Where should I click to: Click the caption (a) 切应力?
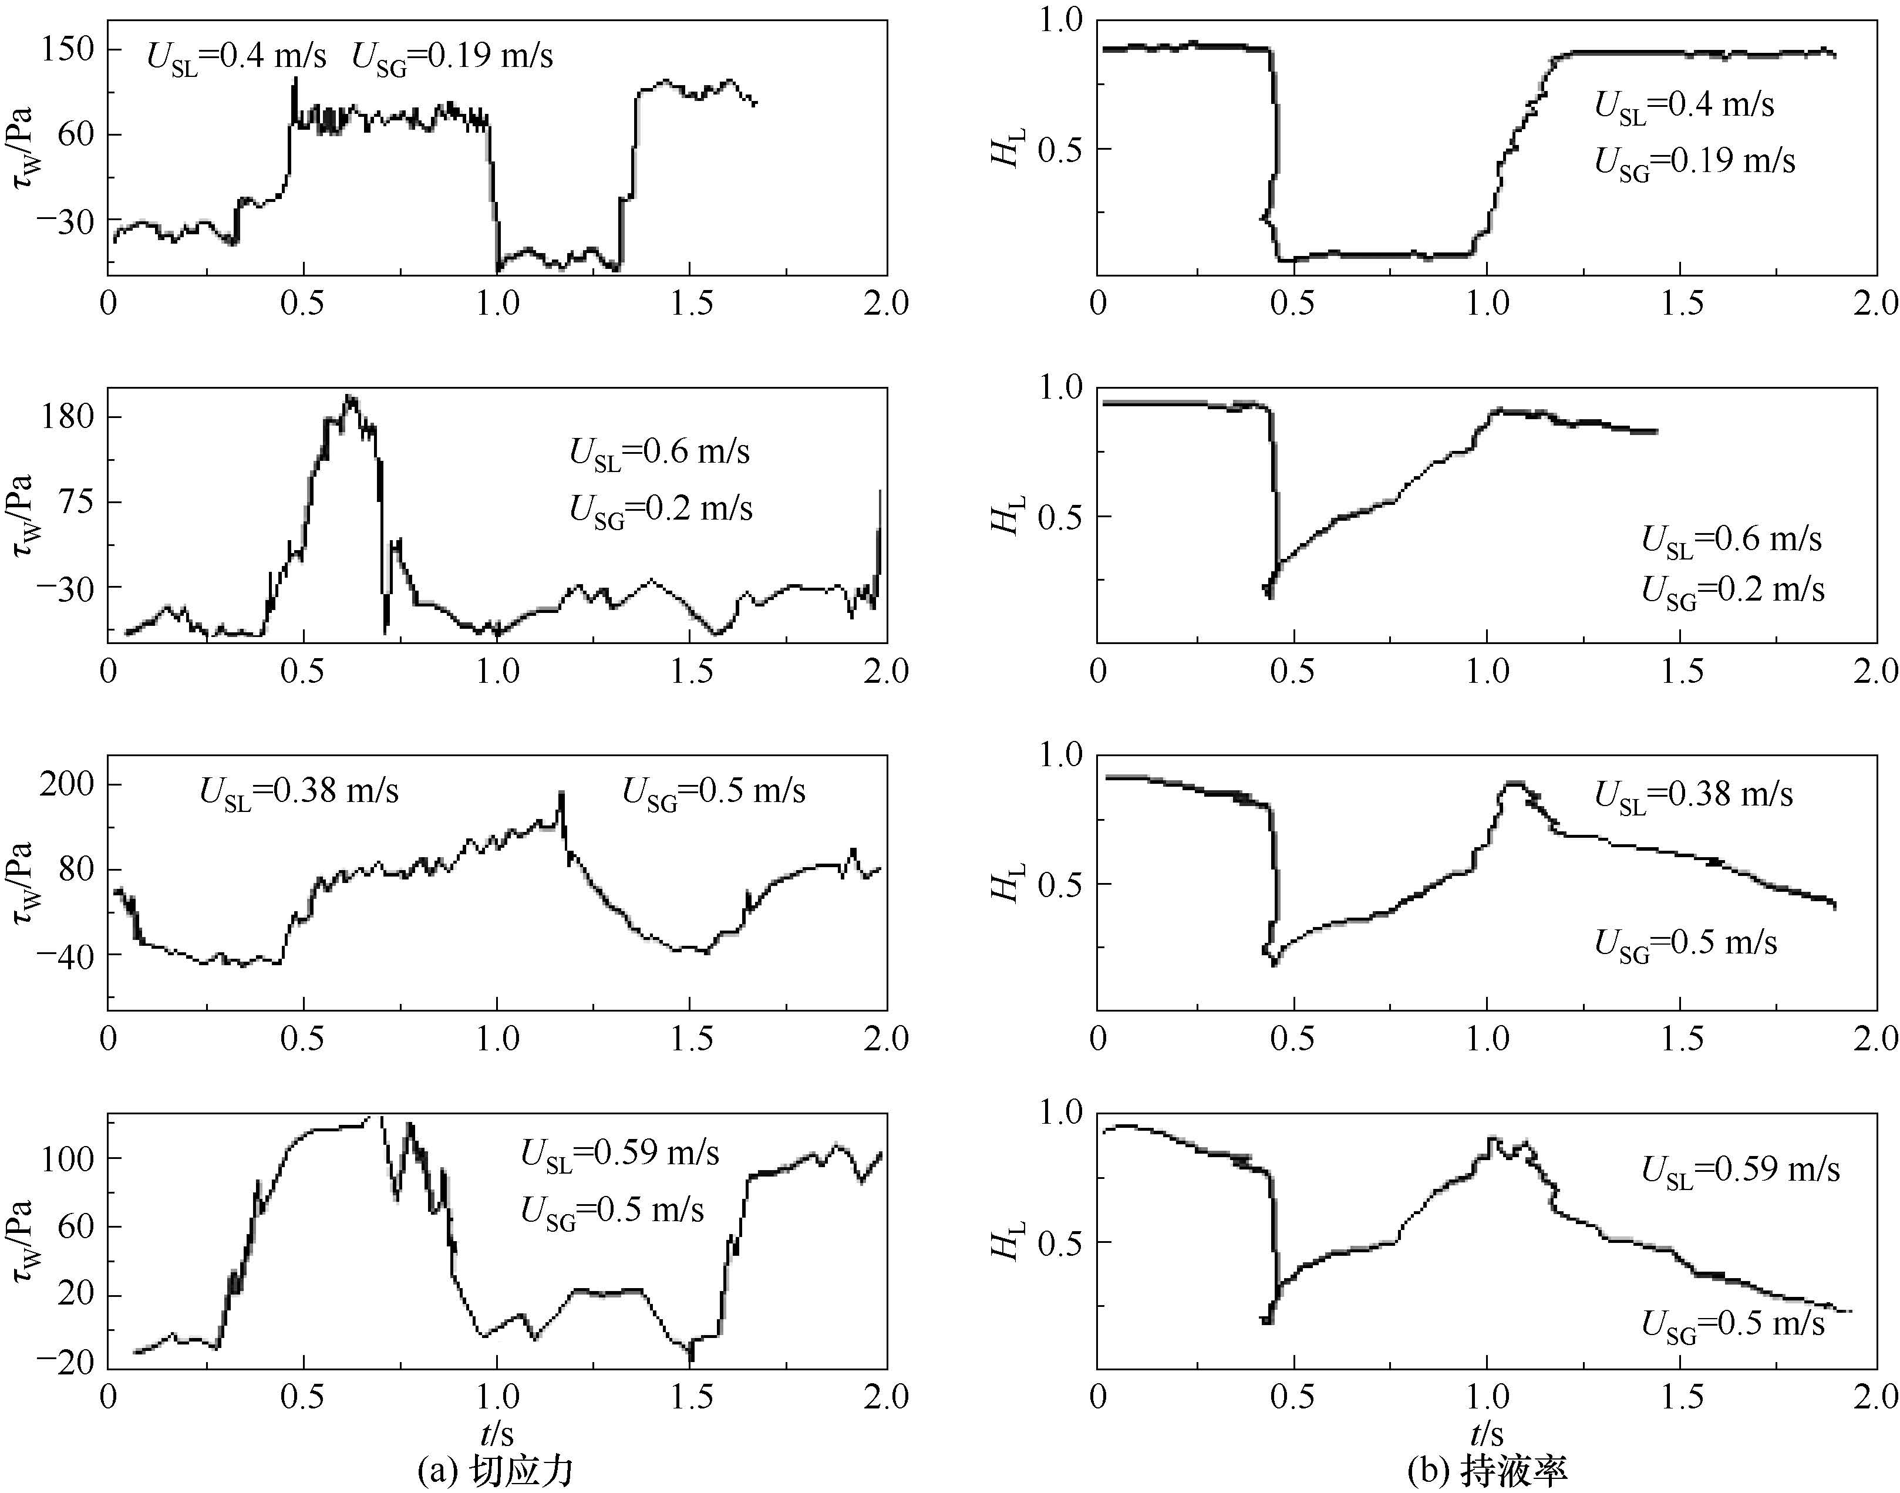tap(496, 1471)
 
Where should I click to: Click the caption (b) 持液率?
tap(1488, 1471)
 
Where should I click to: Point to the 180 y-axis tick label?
tap(68, 416)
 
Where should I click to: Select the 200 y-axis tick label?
tap(68, 784)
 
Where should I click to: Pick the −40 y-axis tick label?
tap(62, 955)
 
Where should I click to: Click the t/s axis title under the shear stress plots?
tap(496, 1434)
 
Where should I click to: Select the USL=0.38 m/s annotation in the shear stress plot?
tap(299, 792)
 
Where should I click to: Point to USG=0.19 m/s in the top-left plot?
tap(452, 58)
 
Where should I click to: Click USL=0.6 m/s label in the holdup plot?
tap(1731, 540)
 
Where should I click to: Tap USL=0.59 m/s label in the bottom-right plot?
tap(1740, 1170)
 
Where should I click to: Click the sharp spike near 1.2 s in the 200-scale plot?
tap(561, 794)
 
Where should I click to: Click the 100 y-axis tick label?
tap(68, 1158)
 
